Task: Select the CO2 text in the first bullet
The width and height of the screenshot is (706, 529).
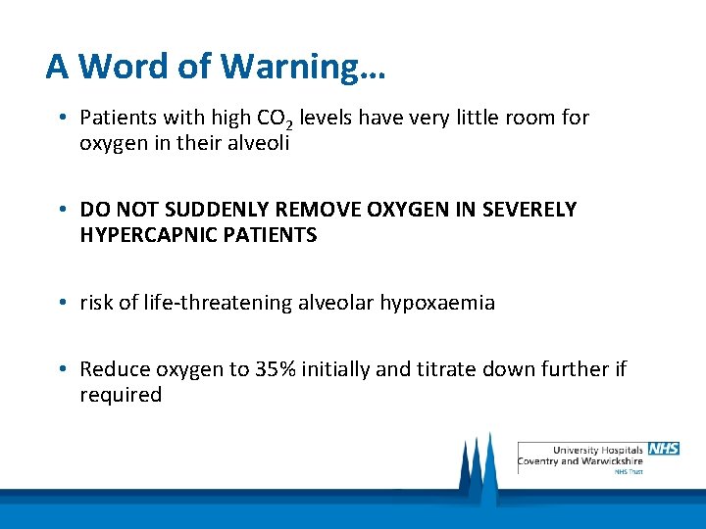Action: (275, 120)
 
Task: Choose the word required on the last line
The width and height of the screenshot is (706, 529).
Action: (121, 395)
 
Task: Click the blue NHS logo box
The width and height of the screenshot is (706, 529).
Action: (664, 449)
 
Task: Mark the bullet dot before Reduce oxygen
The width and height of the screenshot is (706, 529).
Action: (62, 370)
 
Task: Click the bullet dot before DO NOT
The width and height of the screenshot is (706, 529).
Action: (62, 211)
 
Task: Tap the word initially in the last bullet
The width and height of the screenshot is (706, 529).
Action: (338, 370)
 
